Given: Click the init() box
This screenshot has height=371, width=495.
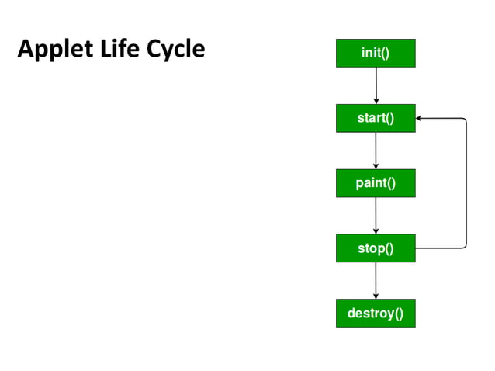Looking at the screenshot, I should [x=376, y=53].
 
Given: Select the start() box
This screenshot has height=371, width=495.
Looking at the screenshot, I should [x=376, y=118].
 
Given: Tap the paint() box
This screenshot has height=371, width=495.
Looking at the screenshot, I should [x=376, y=183].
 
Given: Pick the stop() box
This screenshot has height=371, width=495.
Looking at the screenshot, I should [x=376, y=248].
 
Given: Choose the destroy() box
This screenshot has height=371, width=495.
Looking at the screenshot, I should [x=376, y=314].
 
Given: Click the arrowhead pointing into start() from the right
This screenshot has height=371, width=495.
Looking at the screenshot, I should [x=420, y=119].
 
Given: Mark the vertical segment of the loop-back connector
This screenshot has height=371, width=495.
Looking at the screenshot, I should [x=466, y=183].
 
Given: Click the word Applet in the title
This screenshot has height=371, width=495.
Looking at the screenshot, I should [x=50, y=50].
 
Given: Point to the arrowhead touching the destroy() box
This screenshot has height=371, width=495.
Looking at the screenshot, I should [x=376, y=296].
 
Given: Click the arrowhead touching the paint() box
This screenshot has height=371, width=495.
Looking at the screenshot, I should [x=376, y=165].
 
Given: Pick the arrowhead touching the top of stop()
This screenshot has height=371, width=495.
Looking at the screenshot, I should [x=376, y=231].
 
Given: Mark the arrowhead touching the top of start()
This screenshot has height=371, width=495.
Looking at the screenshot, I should [x=376, y=100].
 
